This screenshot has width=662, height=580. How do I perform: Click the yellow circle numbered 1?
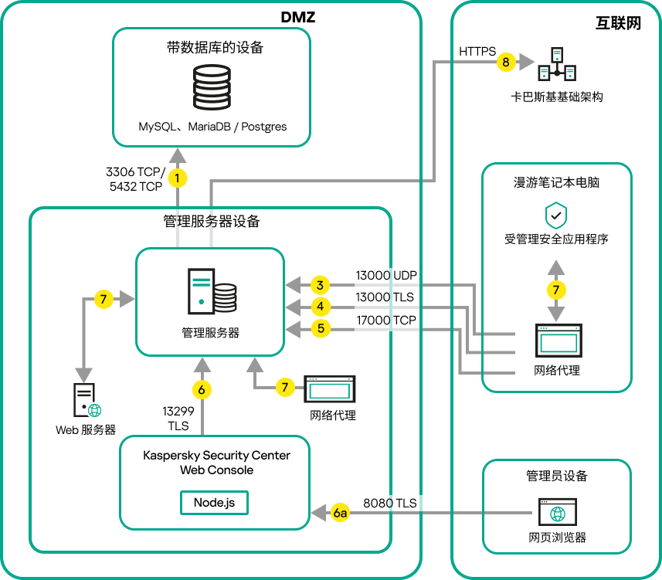point(178,179)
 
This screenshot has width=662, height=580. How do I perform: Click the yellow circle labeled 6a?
point(340,512)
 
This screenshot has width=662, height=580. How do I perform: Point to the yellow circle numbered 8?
point(506,62)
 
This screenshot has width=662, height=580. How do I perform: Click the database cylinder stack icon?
point(212,88)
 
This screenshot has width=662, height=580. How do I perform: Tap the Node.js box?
point(215,502)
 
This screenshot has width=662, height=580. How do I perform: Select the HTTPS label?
point(477,52)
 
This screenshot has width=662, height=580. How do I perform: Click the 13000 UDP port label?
point(385,275)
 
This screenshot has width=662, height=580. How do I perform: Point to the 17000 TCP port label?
point(385,320)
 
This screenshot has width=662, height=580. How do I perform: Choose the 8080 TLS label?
point(389,503)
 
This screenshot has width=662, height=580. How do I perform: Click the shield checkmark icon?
point(556,215)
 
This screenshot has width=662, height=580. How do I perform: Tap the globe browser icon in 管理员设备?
point(557,513)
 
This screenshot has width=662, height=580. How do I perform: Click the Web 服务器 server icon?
point(86,402)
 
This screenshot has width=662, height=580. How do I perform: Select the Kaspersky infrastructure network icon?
point(557,65)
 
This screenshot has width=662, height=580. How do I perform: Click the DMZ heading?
point(297,16)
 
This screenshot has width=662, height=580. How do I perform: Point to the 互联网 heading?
point(617,22)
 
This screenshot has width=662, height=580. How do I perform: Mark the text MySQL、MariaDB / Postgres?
point(212,126)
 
